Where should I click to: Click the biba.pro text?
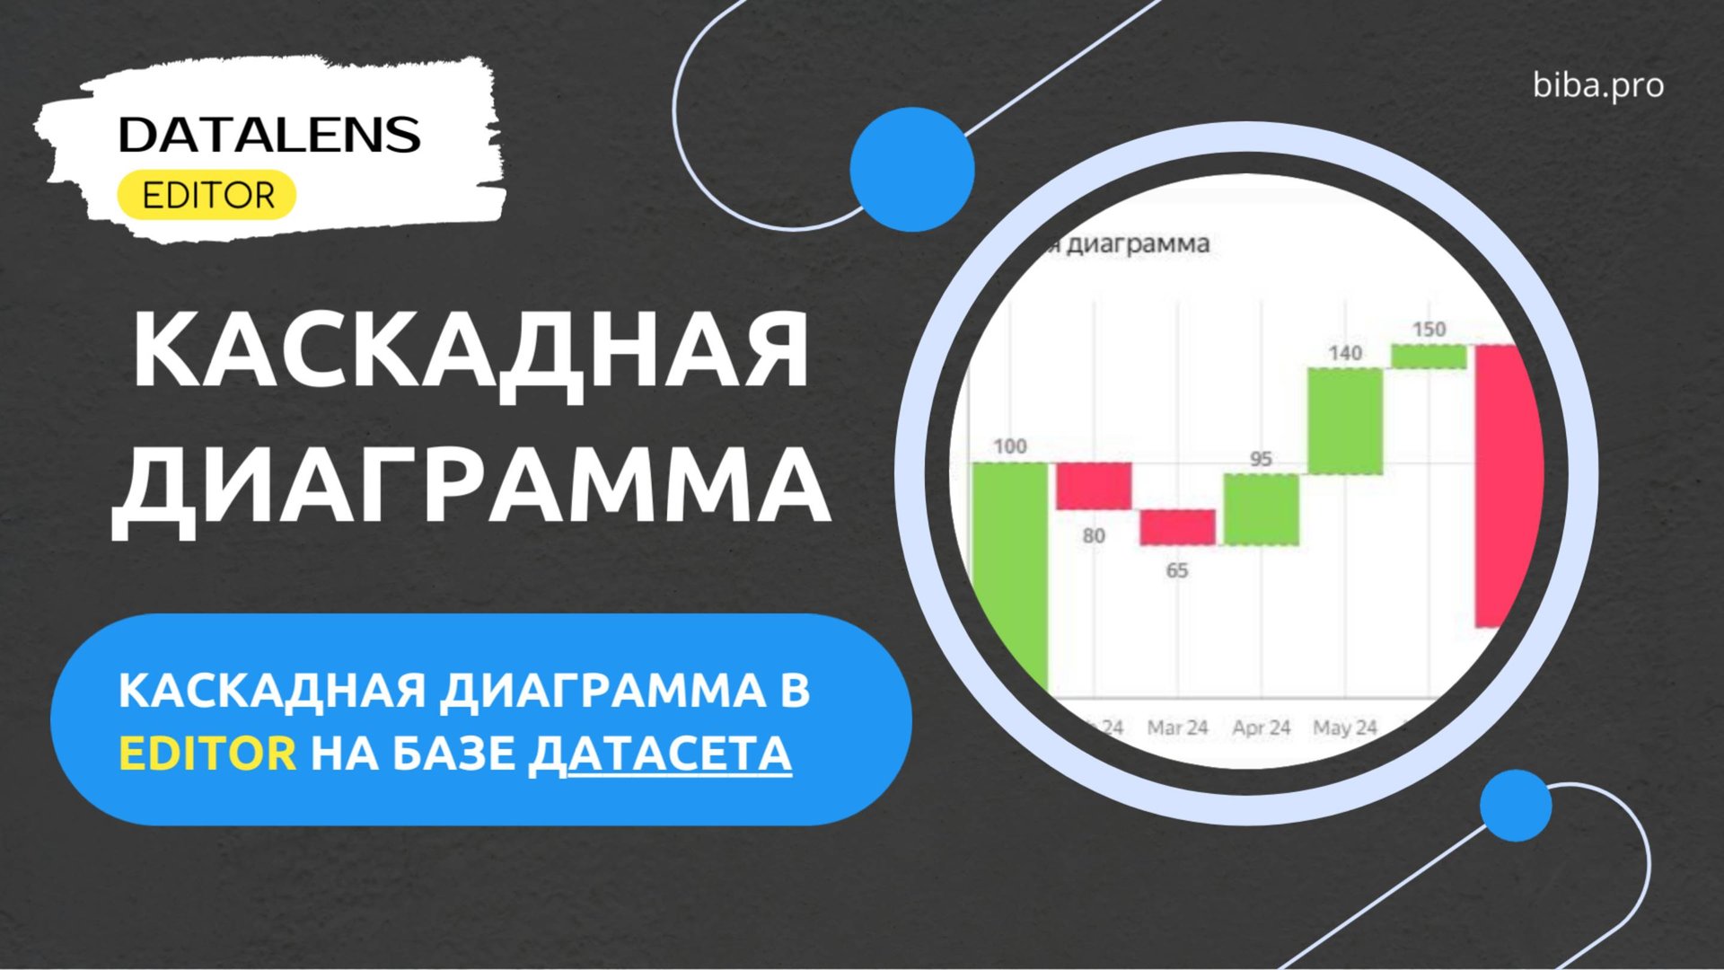click(x=1598, y=86)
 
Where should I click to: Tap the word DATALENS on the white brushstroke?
click(x=269, y=135)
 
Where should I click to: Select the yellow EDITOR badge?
click(x=207, y=195)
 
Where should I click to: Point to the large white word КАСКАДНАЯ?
click(x=471, y=350)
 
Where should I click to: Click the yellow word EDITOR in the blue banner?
click(x=207, y=753)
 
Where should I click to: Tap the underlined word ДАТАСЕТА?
click(x=660, y=753)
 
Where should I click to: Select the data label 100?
click(x=1010, y=446)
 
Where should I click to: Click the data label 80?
click(x=1094, y=536)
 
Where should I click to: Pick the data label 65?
click(x=1177, y=570)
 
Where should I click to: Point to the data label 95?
click(x=1261, y=459)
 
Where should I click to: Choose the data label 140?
click(x=1345, y=353)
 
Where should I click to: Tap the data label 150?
click(x=1429, y=330)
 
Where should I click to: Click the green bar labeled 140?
click(x=1345, y=420)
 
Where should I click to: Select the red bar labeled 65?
click(x=1177, y=527)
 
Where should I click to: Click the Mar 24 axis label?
click(x=1177, y=727)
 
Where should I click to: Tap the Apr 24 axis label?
click(x=1261, y=727)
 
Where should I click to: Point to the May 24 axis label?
click(x=1345, y=727)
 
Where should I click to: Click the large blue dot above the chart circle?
click(x=912, y=169)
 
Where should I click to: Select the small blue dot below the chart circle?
click(x=1516, y=805)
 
